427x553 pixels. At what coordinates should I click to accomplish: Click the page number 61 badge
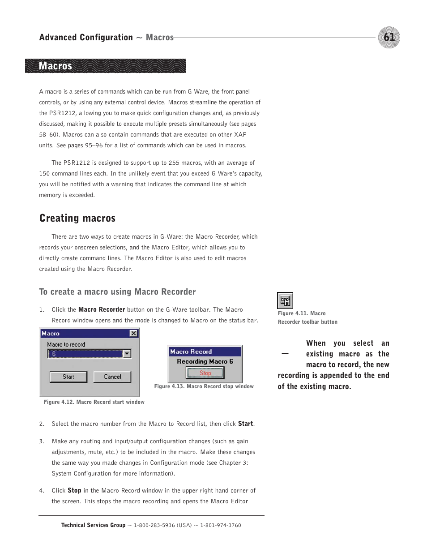389,37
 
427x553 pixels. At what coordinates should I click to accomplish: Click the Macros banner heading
56,66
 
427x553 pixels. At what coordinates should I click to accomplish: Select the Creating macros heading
77,218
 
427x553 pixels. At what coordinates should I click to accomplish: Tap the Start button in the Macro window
68,377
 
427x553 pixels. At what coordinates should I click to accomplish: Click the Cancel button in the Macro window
112,377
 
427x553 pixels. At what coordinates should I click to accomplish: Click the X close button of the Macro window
133,334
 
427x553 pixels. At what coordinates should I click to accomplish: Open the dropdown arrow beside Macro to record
127,354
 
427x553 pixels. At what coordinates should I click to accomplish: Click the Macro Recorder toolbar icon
285,300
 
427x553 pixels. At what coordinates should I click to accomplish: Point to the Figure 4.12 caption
94,402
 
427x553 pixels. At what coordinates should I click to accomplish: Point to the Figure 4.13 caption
204,386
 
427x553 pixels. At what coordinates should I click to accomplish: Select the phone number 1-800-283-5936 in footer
154,525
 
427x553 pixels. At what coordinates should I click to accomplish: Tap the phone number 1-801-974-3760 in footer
220,525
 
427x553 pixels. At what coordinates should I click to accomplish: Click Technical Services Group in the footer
93,525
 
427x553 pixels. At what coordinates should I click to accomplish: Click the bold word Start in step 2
245,424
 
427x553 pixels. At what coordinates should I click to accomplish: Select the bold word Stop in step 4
74,490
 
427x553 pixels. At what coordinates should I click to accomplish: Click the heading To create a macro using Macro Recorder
117,292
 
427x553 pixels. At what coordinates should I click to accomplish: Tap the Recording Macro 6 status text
205,361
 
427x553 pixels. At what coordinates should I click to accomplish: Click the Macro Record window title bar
205,352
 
